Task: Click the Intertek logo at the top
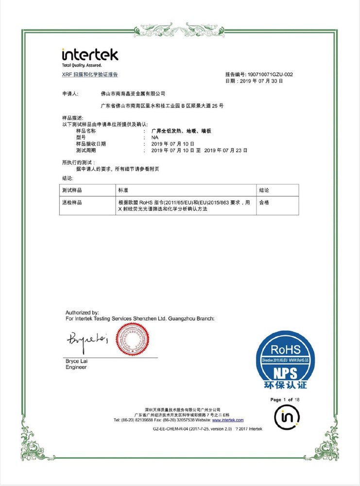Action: pos(90,55)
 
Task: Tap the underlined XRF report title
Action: pos(90,74)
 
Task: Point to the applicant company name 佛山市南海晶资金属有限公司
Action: pos(133,92)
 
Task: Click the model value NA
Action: pos(154,138)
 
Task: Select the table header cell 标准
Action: pos(123,190)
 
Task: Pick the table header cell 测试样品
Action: pos(72,190)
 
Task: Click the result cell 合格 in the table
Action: pos(264,202)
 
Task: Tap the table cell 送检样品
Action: pos(72,202)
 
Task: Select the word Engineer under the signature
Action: pos(76,368)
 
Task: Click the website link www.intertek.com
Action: pos(228,420)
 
